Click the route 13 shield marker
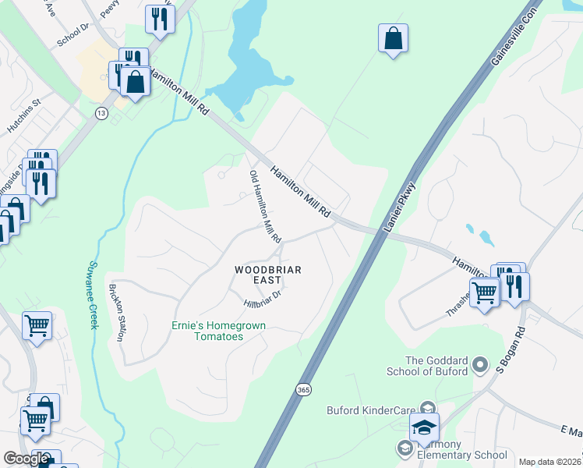coord(101,113)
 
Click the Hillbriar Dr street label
coord(261,296)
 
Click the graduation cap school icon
coord(425,427)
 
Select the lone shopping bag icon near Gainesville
coord(394,37)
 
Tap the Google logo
coord(26,459)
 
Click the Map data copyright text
coord(550,462)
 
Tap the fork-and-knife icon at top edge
coord(160,19)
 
